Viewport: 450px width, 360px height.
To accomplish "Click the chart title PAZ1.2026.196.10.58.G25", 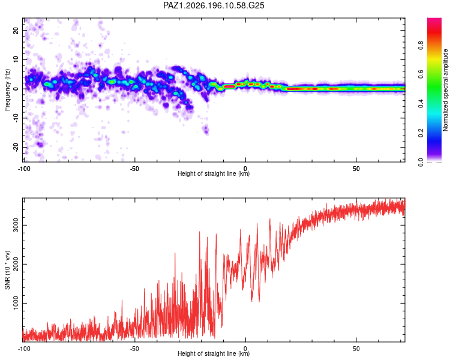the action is pyautogui.click(x=214, y=5).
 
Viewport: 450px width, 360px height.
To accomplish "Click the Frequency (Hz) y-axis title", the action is pyautogui.click(x=7, y=90).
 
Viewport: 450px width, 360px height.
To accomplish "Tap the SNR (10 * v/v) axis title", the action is pyautogui.click(x=7, y=270).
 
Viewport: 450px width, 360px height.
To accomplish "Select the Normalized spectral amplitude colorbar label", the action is pyautogui.click(x=445, y=90).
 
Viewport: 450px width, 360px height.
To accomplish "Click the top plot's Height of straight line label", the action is pyautogui.click(x=214, y=173).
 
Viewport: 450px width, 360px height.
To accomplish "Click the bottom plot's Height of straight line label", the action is pyautogui.click(x=214, y=353).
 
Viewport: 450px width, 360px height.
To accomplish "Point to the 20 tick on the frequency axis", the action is pyautogui.click(x=16, y=30).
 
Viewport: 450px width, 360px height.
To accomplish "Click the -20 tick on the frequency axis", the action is pyautogui.click(x=16, y=147).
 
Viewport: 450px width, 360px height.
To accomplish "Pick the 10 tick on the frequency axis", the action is pyautogui.click(x=16, y=59).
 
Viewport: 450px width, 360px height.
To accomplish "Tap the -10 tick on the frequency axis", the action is pyautogui.click(x=16, y=118).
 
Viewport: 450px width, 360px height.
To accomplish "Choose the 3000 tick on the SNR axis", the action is pyautogui.click(x=16, y=225).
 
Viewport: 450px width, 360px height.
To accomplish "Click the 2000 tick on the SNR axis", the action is pyautogui.click(x=16, y=264).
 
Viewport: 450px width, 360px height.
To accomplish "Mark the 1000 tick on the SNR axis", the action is pyautogui.click(x=16, y=303).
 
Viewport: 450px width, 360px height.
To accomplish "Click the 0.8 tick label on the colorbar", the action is pyautogui.click(x=421, y=46).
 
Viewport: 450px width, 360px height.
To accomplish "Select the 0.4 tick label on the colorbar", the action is pyautogui.click(x=421, y=104).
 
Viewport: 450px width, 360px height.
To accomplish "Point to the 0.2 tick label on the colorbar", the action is pyautogui.click(x=421, y=133).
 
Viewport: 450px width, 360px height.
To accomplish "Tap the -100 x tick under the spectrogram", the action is pyautogui.click(x=24, y=169).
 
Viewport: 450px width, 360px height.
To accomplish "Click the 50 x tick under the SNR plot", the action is pyautogui.click(x=356, y=349).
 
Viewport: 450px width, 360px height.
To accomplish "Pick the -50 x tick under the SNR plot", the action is pyautogui.click(x=134, y=349).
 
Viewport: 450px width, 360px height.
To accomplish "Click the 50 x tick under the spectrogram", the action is pyautogui.click(x=356, y=169).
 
